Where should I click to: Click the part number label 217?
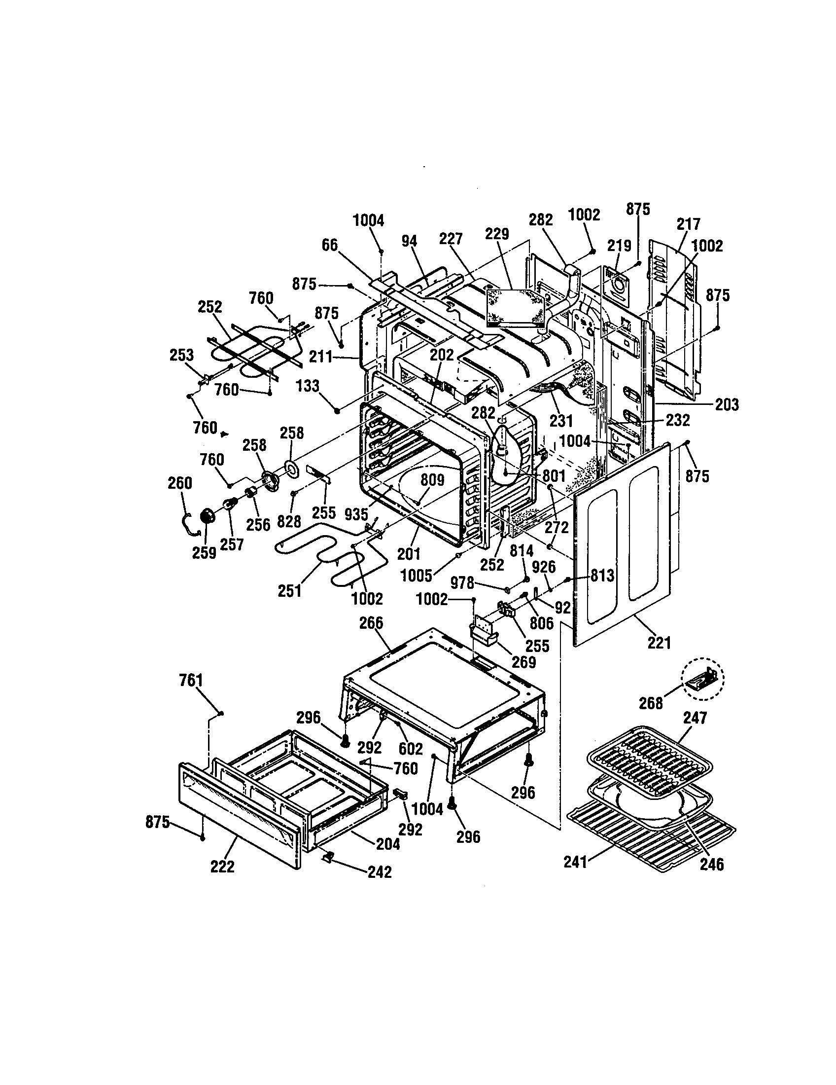688,223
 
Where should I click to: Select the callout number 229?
497,233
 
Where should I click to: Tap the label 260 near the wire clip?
180,483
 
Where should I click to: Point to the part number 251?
289,591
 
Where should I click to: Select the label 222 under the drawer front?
222,867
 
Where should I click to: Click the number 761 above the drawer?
191,681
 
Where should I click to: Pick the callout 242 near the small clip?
380,872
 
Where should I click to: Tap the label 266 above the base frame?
371,623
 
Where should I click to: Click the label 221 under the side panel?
659,643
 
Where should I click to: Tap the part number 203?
727,404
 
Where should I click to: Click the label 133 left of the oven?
308,386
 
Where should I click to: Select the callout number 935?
356,514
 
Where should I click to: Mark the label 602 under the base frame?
411,749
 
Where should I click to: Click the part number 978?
462,583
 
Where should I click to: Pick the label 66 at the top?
330,245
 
